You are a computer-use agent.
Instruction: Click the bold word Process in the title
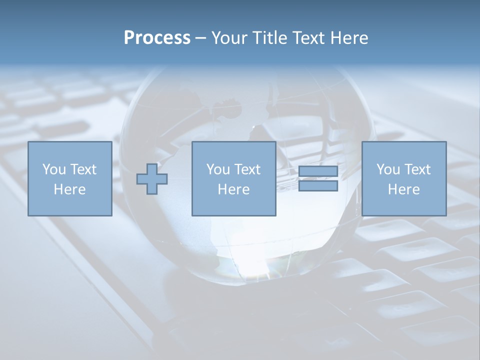pyautogui.click(x=157, y=38)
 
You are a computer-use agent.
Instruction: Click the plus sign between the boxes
pyautogui.click(x=152, y=178)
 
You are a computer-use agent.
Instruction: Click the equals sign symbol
pyautogui.click(x=318, y=178)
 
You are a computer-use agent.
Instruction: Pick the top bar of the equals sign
pyautogui.click(x=318, y=171)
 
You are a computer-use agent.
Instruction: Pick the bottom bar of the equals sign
pyautogui.click(x=318, y=185)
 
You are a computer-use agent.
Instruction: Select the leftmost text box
pyautogui.click(x=70, y=178)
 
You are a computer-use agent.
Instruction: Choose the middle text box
pyautogui.click(x=234, y=178)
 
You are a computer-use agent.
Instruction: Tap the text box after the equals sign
pyautogui.click(x=404, y=178)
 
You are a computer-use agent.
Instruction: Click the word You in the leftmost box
pyautogui.click(x=54, y=169)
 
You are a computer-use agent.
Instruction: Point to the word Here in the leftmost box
pyautogui.click(x=70, y=189)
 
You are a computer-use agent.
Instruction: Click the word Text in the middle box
pyautogui.click(x=247, y=169)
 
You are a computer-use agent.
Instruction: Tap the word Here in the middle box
pyautogui.click(x=234, y=189)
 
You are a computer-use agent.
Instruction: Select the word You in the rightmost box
pyautogui.click(x=388, y=169)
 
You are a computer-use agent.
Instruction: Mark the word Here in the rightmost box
pyautogui.click(x=404, y=189)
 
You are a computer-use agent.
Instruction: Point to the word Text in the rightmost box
pyautogui.click(x=417, y=169)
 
